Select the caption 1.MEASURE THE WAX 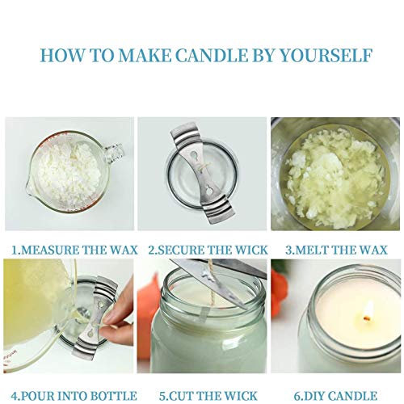point(74,250)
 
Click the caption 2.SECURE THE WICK point(208,250)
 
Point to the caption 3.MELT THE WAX point(336,250)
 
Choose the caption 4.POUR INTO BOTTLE point(74,396)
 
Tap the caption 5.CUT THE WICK point(208,396)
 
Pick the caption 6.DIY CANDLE point(335,396)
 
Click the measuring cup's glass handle point(115,153)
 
